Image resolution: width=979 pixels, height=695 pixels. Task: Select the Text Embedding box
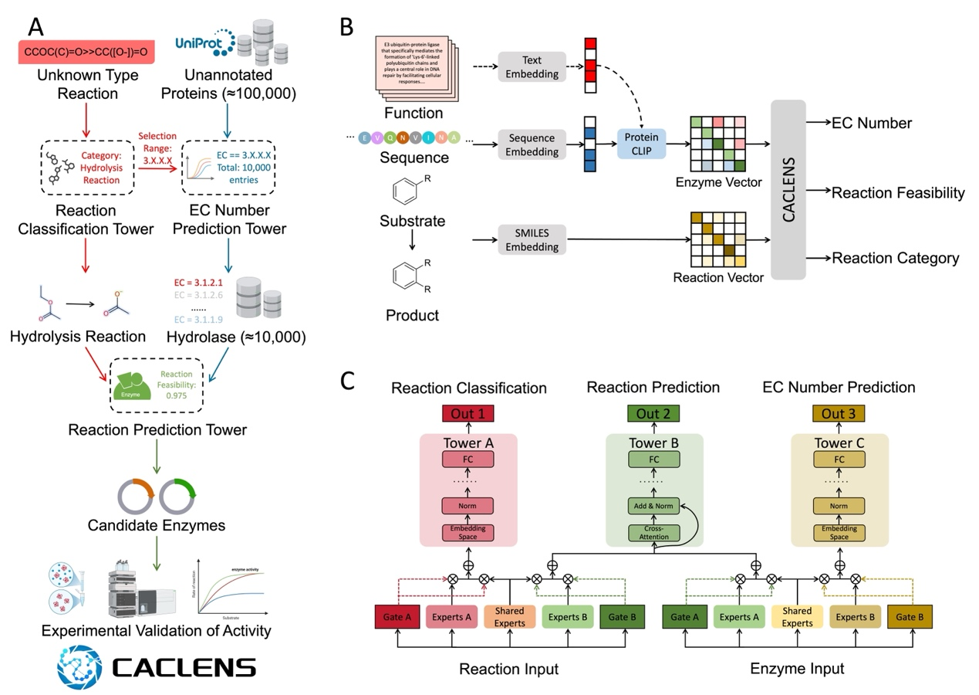click(532, 64)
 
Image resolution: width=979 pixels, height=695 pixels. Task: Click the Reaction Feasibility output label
click(897, 193)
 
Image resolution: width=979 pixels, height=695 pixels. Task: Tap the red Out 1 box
click(468, 414)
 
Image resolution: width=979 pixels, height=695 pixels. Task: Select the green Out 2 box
click(653, 414)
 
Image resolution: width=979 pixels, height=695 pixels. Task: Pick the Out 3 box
click(839, 414)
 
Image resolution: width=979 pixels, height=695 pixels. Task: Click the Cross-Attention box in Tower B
click(653, 532)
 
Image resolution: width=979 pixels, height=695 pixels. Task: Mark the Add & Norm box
click(653, 507)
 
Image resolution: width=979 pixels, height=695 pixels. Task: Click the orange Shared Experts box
click(509, 617)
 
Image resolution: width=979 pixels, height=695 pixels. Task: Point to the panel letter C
click(348, 381)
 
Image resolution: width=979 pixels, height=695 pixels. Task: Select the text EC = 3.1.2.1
click(194, 283)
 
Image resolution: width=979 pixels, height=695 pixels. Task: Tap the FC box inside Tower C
click(839, 459)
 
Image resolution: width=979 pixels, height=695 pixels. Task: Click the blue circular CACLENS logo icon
click(79, 667)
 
